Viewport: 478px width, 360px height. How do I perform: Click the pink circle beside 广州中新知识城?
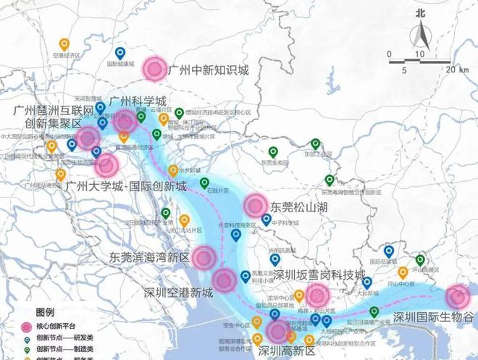tap(154, 69)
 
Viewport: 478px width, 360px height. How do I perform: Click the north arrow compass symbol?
tap(420, 33)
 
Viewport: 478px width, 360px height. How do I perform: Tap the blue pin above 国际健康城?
tap(120, 53)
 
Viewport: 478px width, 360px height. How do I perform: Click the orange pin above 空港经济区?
tap(64, 43)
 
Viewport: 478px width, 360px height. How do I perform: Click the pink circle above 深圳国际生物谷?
tap(457, 296)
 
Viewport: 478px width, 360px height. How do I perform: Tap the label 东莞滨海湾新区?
tap(148, 257)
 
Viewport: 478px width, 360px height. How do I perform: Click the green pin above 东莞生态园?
tap(273, 151)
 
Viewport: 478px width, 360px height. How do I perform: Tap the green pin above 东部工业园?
tap(316, 143)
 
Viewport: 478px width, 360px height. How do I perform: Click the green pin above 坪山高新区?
tap(419, 261)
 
